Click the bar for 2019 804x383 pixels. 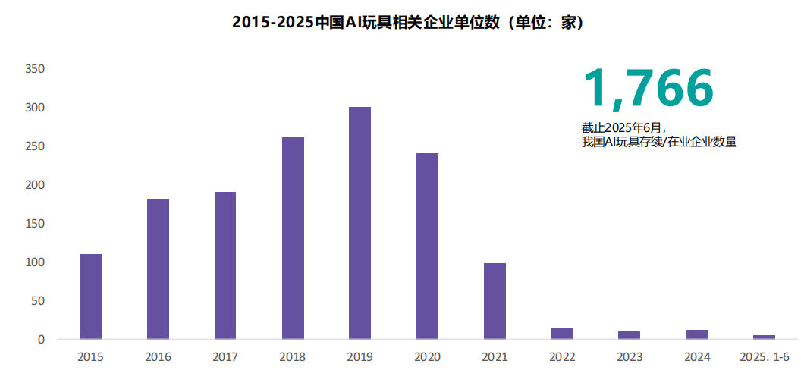coord(360,223)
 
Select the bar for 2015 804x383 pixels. coord(91,297)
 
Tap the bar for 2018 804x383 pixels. coord(293,238)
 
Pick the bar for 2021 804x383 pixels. coord(495,301)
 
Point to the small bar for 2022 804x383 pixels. coord(562,334)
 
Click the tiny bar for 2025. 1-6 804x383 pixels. coord(764,337)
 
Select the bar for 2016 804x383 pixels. coord(158,269)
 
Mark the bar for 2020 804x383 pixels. coord(427,246)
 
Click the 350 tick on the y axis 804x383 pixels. coord(36,69)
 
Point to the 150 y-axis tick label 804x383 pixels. coord(36,224)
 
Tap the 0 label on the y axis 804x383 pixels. coord(42,340)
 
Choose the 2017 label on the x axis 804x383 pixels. coord(225,356)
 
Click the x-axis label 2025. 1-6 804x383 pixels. coord(764,356)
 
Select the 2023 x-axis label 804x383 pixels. coord(630,356)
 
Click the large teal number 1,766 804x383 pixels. coord(648,88)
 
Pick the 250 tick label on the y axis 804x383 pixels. coord(36,146)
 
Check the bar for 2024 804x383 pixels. coord(697,334)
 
